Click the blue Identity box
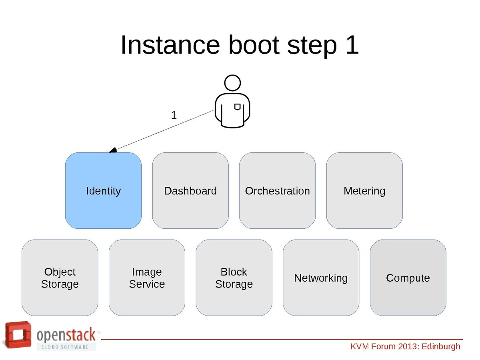coord(103,190)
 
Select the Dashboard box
coord(190,190)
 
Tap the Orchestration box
coord(277,190)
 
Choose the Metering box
coord(364,190)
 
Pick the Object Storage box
coord(60,278)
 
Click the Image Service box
coord(147,278)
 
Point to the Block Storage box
coord(234,278)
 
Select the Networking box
coord(321,278)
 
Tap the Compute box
coord(408,278)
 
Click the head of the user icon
coord(232,83)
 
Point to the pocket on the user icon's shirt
coord(237,107)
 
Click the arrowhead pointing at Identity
coord(113,150)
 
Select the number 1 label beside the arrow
coord(174,115)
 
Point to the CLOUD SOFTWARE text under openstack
coord(66,346)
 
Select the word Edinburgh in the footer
coord(441,346)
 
